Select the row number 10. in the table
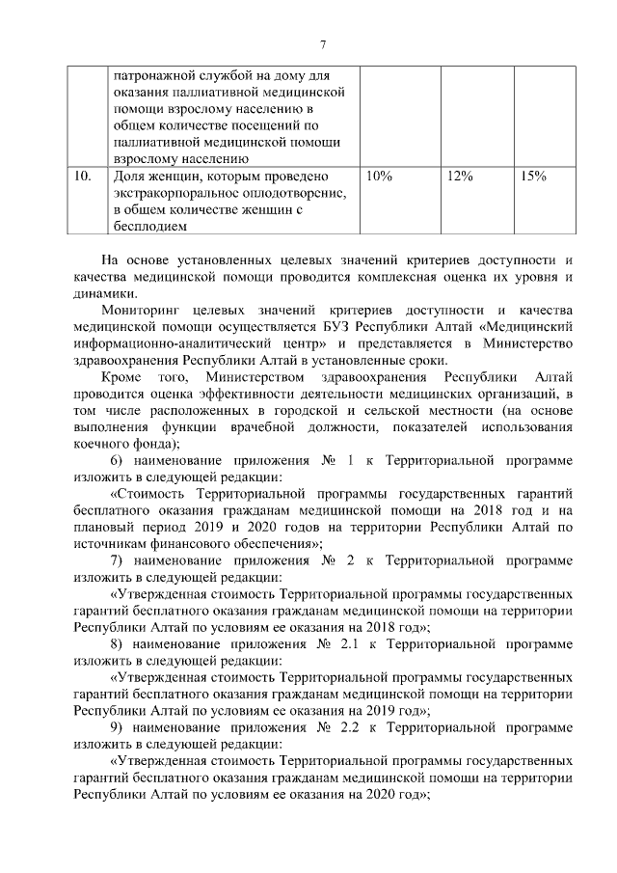[x=84, y=177]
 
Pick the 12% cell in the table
[x=460, y=177]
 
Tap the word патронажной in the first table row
[x=154, y=74]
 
